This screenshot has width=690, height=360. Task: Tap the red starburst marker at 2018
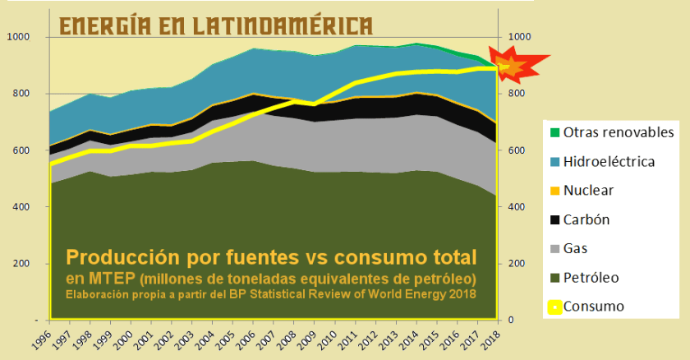pyautogui.click(x=512, y=67)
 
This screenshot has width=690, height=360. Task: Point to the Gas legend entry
pyautogui.click(x=579, y=248)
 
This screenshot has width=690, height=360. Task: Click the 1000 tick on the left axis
pyautogui.click(x=19, y=38)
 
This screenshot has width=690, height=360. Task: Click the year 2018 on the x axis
pyautogui.click(x=493, y=337)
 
